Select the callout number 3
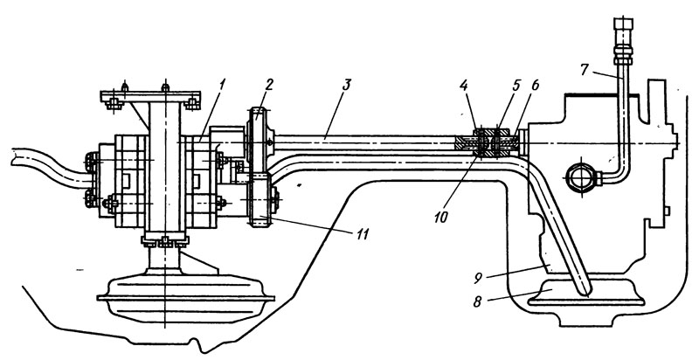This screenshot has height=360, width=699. (347, 85)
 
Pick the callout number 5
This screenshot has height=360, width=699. (516, 85)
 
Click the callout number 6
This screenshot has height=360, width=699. (535, 85)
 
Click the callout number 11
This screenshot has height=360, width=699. (363, 234)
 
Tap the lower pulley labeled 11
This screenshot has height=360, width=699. (259, 199)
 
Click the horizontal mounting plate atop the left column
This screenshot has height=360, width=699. (150, 96)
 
